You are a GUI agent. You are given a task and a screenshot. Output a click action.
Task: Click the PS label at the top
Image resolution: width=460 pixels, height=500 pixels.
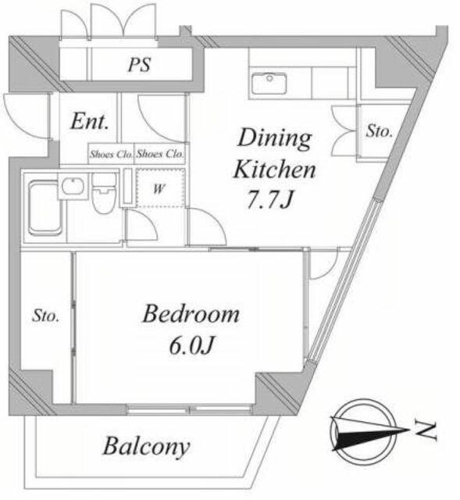pyautogui.click(x=139, y=65)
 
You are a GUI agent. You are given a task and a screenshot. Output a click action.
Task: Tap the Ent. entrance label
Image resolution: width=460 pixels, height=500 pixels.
pyautogui.click(x=90, y=121)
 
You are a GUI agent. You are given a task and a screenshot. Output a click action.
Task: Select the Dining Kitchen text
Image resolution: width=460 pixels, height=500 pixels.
pyautogui.click(x=274, y=153)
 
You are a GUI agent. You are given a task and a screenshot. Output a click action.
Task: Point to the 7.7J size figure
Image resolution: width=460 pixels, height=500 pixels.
pyautogui.click(x=270, y=199)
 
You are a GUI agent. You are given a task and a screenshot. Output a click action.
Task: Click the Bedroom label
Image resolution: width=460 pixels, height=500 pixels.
pyautogui.click(x=191, y=314)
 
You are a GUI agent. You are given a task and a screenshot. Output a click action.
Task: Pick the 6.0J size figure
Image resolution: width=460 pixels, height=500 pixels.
pyautogui.click(x=191, y=345)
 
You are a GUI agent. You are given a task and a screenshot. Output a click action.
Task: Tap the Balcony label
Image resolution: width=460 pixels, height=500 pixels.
pyautogui.click(x=146, y=447)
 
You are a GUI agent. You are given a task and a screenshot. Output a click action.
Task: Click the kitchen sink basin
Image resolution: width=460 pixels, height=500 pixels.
pyautogui.click(x=269, y=84)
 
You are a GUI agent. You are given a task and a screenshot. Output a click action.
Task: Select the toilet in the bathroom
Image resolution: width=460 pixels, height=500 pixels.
pyautogui.click(x=104, y=193)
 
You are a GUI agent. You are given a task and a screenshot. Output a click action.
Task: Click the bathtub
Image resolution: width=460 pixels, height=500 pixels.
pyautogui.click(x=45, y=208)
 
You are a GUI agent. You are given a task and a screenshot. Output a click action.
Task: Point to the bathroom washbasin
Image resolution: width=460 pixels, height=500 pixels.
pyautogui.click(x=73, y=186)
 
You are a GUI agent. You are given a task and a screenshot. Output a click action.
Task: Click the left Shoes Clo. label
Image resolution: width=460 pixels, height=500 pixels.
pyautogui.click(x=111, y=155)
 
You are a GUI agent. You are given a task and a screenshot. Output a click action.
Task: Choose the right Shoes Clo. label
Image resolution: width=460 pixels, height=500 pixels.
pyautogui.click(x=160, y=154)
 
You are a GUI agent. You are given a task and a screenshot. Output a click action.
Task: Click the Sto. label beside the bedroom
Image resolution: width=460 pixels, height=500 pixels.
pyautogui.click(x=45, y=316)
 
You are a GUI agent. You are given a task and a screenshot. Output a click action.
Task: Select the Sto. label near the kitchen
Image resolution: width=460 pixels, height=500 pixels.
pyautogui.click(x=379, y=131)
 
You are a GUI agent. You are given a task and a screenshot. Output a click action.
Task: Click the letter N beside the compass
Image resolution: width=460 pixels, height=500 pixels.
pyautogui.click(x=426, y=430)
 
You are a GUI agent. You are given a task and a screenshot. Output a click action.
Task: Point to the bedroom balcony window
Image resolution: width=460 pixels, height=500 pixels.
pyautogui.click(x=189, y=409)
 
